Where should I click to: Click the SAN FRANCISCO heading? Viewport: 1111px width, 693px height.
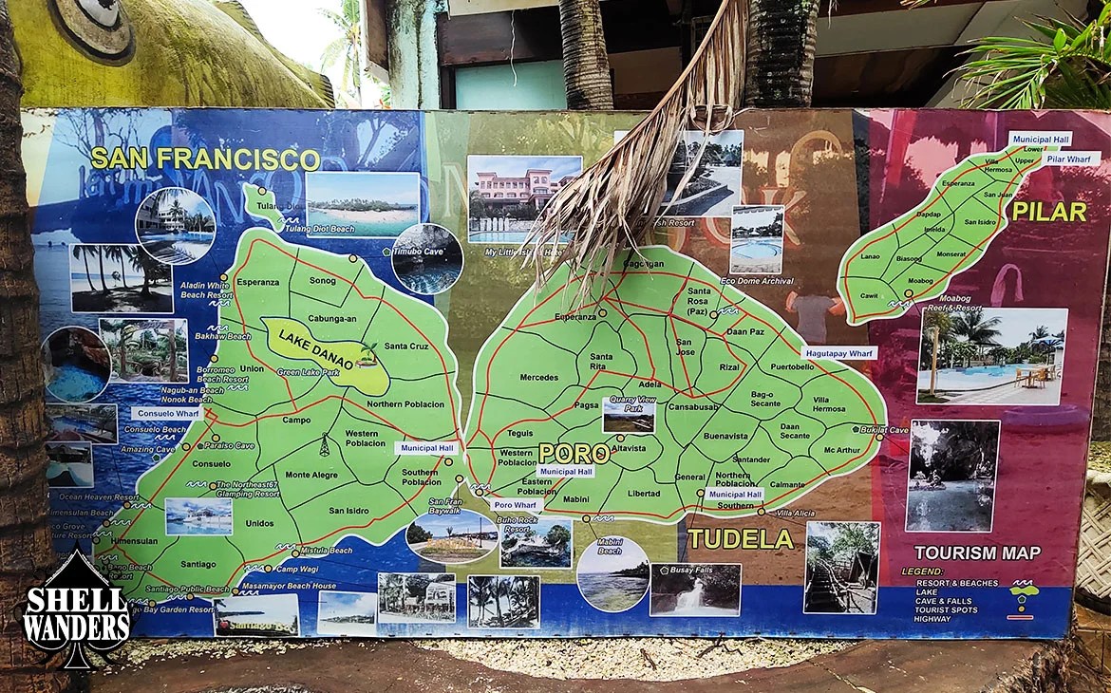point(204,158)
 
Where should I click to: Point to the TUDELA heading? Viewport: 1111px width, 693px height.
point(740,539)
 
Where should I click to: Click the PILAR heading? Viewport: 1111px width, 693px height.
point(1048,212)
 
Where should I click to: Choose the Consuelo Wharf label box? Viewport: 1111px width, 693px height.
point(167,414)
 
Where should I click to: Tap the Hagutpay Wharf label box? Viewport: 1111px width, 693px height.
point(839,352)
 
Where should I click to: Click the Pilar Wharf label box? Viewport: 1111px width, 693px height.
point(1070,159)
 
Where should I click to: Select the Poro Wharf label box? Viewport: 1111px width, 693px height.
point(517,505)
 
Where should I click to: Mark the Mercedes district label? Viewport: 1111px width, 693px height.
point(539,377)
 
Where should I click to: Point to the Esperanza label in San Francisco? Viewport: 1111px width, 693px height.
point(257,282)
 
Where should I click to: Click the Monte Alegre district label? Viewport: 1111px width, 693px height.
point(311,475)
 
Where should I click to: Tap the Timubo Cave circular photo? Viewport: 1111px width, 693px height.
point(427,258)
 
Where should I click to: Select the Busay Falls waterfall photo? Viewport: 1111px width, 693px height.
point(695,590)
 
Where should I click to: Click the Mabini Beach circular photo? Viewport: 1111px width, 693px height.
point(612,574)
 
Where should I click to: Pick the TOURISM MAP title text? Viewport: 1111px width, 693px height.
point(977,553)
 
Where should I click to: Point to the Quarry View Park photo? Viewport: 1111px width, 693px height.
point(629,415)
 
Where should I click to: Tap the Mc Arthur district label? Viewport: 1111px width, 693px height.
point(842,450)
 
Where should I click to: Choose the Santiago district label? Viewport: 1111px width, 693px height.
point(198,564)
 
